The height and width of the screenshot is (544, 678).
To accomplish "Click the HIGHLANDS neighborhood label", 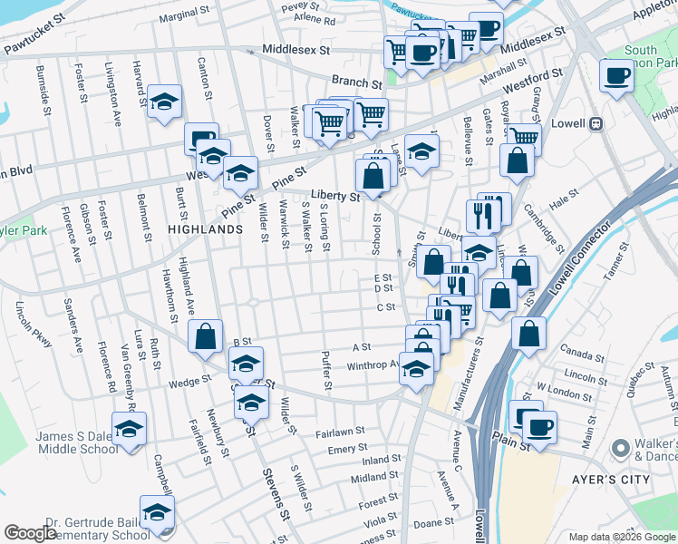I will tap(205, 229).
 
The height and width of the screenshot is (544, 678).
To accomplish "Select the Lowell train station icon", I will tap(596, 123).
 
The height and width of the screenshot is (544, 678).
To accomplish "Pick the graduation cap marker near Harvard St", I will tap(164, 102).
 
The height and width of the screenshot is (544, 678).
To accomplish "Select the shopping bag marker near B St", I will tap(207, 336).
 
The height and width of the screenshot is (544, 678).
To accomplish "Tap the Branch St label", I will tap(353, 81).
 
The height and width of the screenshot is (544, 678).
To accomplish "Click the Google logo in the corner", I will tap(31, 533).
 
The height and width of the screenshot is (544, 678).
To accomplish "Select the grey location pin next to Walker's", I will tap(621, 448).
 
